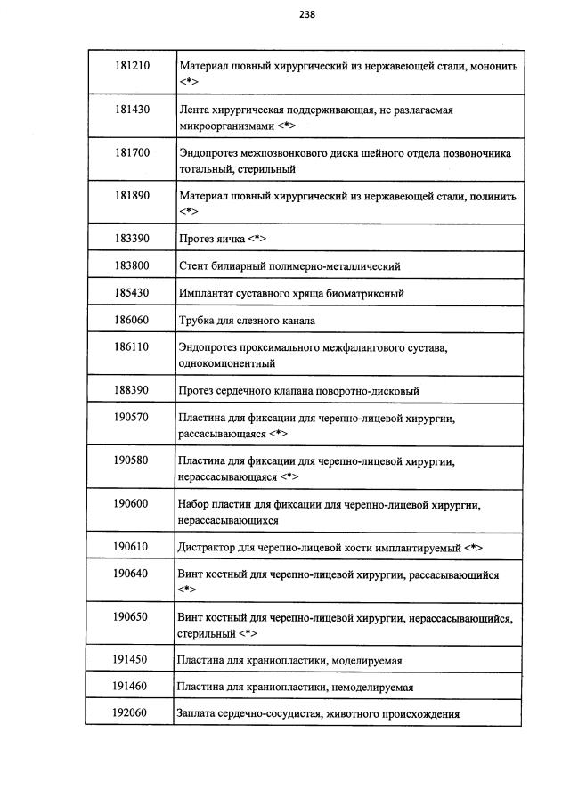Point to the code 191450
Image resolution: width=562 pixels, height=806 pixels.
tap(131, 659)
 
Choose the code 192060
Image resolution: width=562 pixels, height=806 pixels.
tap(131, 712)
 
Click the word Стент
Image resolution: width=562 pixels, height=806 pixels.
tap(194, 265)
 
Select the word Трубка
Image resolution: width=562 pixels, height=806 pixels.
tap(199, 320)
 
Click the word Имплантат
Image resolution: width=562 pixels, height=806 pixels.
tap(208, 293)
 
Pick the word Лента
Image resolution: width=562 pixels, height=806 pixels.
tap(195, 110)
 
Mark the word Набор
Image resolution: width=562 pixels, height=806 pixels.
tap(195, 505)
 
